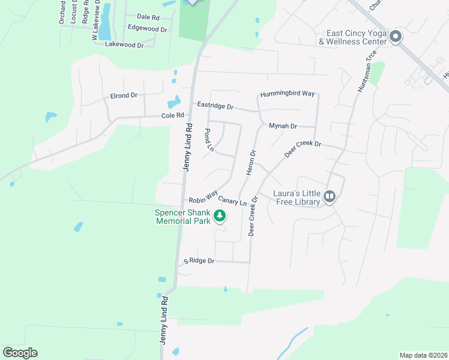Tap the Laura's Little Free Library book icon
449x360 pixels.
click(x=330, y=196)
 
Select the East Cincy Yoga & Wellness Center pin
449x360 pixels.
click(x=396, y=37)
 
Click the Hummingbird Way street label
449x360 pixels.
click(x=287, y=94)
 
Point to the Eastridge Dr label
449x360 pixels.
click(x=215, y=106)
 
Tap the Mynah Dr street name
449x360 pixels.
click(x=283, y=126)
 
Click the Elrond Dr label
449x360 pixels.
click(x=124, y=95)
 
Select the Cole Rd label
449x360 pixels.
click(x=172, y=115)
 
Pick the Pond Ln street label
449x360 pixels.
click(x=209, y=139)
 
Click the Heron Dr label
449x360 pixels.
click(x=252, y=163)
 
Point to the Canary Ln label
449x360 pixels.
click(x=232, y=202)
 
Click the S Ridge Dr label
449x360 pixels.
click(x=199, y=261)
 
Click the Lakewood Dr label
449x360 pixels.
click(x=124, y=44)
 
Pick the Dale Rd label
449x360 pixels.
click(x=147, y=17)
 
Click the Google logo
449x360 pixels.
click(x=20, y=353)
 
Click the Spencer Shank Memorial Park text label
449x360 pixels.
click(x=183, y=217)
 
